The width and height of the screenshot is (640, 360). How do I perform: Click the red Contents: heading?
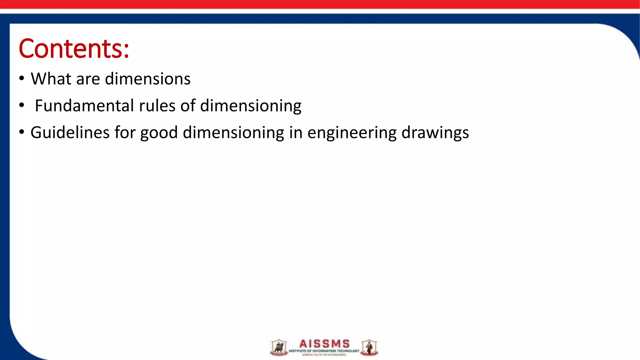point(74,49)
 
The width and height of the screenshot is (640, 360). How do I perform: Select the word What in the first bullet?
point(51,79)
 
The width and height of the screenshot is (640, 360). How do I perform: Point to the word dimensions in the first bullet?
point(147,79)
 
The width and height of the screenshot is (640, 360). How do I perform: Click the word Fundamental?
point(84,106)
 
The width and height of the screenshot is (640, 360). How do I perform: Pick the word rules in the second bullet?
point(157,106)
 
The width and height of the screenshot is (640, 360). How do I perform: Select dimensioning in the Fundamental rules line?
point(251,106)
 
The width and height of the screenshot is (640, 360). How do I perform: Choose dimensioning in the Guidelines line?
point(233,132)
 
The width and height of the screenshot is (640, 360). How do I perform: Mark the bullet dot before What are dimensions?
point(21,78)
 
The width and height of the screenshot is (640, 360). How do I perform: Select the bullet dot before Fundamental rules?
point(21,105)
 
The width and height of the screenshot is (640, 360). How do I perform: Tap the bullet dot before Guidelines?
point(21,132)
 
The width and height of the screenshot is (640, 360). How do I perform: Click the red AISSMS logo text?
point(324,344)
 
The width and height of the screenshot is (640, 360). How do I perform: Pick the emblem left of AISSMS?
point(278,347)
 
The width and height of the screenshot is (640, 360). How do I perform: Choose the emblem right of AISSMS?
point(369,347)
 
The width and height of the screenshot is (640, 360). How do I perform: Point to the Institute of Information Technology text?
point(324,351)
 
